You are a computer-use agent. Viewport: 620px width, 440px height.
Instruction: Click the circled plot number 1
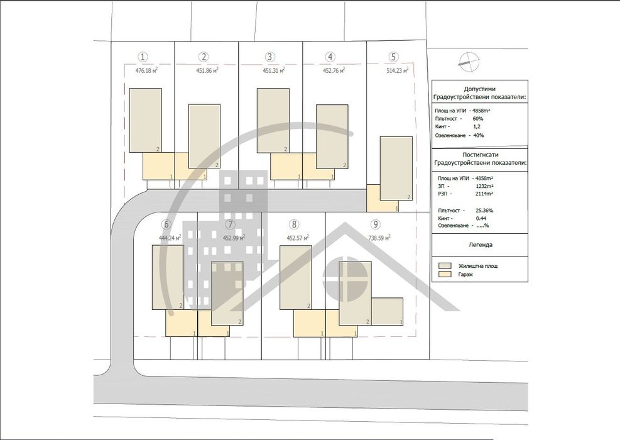point(144,56)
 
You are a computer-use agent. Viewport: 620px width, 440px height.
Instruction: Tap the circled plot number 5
point(393,56)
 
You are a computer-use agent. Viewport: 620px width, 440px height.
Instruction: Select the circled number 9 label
point(375,224)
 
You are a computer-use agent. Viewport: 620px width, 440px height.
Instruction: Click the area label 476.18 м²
point(146,70)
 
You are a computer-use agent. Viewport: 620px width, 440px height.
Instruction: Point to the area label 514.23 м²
point(398,70)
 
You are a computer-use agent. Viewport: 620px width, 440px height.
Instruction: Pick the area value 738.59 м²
point(379,238)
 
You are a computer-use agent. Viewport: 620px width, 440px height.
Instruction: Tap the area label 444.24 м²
point(170,238)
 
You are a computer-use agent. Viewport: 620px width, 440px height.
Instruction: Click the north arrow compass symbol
point(469,60)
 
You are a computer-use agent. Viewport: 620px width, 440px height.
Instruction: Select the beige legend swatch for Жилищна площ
point(445,266)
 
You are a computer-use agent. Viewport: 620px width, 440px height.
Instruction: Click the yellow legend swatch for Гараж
point(445,275)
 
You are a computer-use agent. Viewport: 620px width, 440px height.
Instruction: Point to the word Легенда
point(480,245)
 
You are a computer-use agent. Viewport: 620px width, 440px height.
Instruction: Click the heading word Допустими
point(480,89)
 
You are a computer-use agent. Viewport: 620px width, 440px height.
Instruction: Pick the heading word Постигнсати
point(480,154)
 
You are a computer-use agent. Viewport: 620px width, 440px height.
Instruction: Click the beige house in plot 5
point(396,168)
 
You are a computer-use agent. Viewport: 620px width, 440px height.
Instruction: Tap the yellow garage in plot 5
point(374,198)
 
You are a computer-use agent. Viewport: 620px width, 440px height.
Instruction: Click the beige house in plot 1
point(145,119)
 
